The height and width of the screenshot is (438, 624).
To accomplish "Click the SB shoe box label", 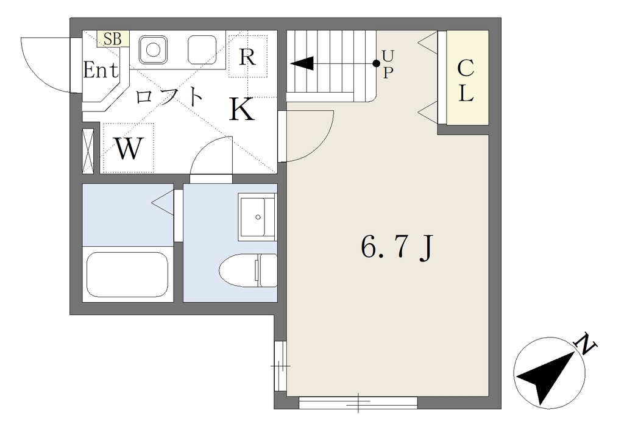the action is point(113,39).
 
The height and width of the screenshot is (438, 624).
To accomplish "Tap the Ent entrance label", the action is point(101,70).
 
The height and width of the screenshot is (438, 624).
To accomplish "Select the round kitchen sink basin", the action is point(153,50).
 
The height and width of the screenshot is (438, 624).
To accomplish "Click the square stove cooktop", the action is point(202,50).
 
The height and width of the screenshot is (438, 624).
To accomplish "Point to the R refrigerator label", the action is point(247,57).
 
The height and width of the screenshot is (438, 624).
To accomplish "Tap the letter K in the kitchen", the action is point(241,109).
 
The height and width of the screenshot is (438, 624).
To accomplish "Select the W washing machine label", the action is point(128,148).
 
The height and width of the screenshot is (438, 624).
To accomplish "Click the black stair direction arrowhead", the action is point(302,63).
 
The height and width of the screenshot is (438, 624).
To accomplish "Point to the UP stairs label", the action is point(388,64).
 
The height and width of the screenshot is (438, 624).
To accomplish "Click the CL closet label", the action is point(465,80).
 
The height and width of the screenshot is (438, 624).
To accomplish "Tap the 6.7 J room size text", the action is point(396,247).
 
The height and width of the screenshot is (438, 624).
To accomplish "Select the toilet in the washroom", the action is point(247,270).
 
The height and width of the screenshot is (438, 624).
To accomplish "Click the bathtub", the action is point(127,275).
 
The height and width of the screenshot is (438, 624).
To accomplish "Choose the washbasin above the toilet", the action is point(257,217).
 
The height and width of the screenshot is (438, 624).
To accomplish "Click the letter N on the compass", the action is point(586,343).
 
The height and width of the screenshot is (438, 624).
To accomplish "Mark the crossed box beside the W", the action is point(88,151).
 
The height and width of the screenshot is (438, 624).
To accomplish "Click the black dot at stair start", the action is point(376,63).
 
